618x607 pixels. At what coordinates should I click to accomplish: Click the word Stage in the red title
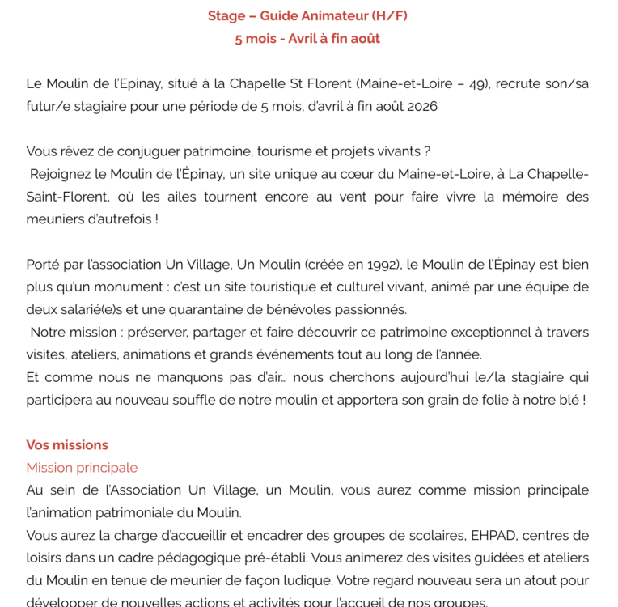(227, 16)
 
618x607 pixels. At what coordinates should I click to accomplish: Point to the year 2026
(422, 106)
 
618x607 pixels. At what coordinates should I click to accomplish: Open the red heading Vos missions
(67, 445)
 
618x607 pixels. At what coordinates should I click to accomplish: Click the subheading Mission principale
(82, 468)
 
